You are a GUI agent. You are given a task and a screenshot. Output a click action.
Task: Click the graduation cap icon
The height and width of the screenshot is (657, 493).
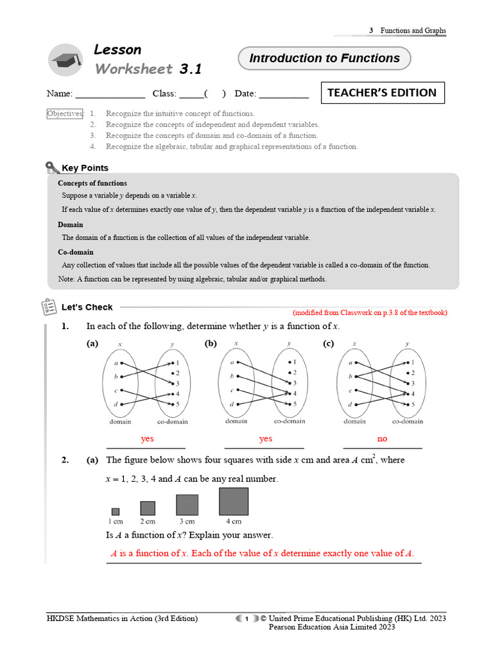point(66,59)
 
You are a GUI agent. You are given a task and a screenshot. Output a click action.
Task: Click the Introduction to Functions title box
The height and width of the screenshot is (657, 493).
point(324,58)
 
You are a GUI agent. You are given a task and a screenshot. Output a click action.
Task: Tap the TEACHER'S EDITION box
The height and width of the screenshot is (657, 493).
point(381,92)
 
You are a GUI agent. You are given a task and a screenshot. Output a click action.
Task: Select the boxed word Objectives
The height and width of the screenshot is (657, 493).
point(65,114)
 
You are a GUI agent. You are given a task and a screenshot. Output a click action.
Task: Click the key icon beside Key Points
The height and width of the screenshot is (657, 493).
point(53,168)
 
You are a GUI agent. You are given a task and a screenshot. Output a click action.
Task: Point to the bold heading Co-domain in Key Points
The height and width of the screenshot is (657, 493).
point(76,252)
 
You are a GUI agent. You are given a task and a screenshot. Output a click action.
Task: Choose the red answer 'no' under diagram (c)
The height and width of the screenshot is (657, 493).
point(383,439)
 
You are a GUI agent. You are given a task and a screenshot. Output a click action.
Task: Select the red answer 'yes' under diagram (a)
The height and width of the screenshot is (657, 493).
point(147,439)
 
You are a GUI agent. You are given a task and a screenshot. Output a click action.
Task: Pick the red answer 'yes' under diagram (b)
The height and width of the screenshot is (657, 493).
point(265,439)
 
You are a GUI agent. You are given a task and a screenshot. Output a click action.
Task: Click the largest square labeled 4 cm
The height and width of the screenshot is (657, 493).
point(234,502)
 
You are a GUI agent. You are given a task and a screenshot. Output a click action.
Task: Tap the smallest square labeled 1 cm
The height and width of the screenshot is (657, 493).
point(116,511)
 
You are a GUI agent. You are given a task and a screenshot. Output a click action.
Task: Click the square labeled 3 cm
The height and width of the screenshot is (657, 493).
point(187,504)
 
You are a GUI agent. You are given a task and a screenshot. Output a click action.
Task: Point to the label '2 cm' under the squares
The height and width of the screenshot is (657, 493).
point(148,522)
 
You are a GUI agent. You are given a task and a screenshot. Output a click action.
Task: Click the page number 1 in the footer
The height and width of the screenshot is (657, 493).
point(246,619)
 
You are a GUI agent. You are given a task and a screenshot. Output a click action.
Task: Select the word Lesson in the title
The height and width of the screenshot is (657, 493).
point(117,49)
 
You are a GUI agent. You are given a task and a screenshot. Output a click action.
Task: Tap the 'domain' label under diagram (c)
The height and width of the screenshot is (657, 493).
point(354,422)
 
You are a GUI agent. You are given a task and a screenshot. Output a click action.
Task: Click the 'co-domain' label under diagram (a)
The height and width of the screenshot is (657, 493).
point(173,422)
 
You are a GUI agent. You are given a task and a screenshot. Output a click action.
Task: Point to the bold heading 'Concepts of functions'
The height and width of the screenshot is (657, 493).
point(92,183)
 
